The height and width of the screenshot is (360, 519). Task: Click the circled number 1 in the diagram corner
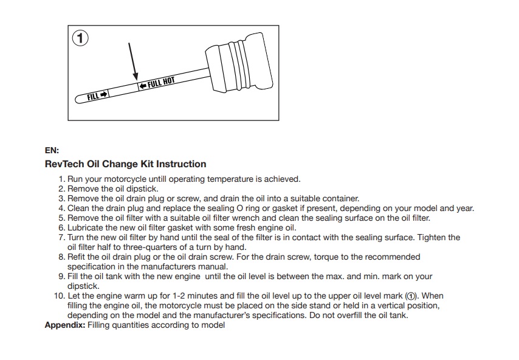point(80,38)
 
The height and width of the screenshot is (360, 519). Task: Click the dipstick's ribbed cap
point(239,63)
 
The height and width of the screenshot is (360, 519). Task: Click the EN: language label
point(52,150)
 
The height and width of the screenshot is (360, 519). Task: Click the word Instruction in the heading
point(181,164)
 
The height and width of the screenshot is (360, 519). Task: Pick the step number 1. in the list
point(62,179)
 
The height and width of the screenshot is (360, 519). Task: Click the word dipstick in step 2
point(142,189)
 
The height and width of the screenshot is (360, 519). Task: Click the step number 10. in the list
point(60,296)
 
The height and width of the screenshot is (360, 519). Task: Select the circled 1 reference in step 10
point(411,296)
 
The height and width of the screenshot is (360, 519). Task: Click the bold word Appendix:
point(65,325)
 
